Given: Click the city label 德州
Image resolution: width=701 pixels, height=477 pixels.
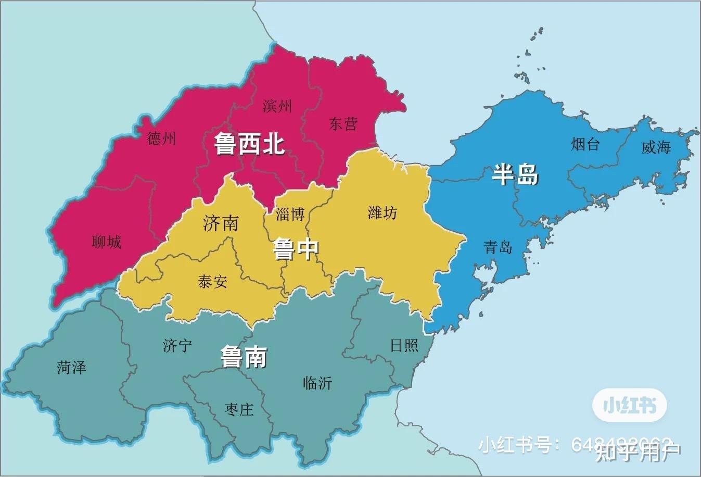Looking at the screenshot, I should coord(161,139).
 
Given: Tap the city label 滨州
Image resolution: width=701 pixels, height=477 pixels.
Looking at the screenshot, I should coord(277,106).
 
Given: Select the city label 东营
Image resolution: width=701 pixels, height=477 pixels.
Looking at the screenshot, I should coord(343,124).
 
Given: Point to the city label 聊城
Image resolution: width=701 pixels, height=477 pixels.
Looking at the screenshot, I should coord(106,242).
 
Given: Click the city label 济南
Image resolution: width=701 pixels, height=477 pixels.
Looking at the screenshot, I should coord(221,223).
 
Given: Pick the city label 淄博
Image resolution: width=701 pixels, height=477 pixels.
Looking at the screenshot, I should coord(290,214).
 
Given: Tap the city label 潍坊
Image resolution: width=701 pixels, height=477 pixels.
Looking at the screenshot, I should coord(382,212).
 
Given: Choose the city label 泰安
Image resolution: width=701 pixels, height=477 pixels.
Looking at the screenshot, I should coord(212,282).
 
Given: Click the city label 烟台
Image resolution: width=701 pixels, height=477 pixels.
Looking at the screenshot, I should coord(585,144).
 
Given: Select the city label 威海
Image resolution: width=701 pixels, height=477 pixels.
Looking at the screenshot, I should coord(656,147).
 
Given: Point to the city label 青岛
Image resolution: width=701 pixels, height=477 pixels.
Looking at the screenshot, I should coord(498,247).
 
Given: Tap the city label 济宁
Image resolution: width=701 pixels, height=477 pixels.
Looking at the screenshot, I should coord(177,345).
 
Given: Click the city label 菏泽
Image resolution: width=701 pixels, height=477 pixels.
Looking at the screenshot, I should coord(71,368).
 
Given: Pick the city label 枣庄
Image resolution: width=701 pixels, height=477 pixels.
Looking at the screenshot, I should coord(239,409).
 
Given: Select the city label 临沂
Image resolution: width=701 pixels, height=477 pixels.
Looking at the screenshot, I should coord(317,383).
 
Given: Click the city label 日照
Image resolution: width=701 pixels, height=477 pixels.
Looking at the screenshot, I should coord(404,345).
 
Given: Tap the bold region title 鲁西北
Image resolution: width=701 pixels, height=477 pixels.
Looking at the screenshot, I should coord(249,144).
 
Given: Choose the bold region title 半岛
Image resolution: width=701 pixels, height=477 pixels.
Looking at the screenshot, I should coord(515,174).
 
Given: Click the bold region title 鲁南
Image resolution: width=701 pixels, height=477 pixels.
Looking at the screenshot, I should coord(244,357).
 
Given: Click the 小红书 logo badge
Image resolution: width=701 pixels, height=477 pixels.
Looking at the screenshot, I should coord(629,405).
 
